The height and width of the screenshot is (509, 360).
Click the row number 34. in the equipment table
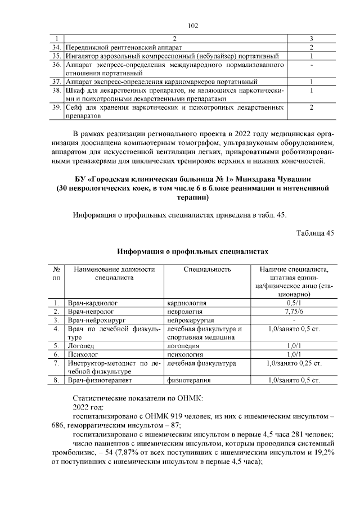point(55,47)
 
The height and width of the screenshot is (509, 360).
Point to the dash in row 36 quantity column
point(311,65)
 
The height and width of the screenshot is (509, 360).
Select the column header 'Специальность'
point(207,269)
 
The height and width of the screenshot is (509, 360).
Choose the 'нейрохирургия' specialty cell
point(188,319)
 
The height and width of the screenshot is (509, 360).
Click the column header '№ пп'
point(56,273)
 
